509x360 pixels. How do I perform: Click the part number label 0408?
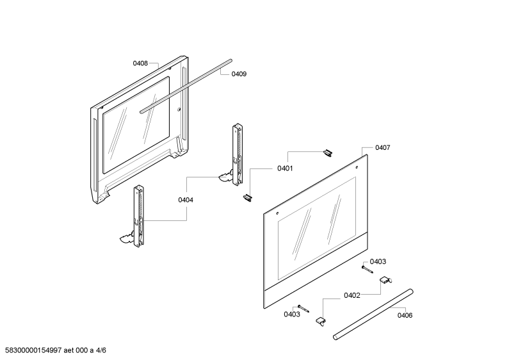coord(140,63)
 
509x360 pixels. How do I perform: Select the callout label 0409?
coord(239,74)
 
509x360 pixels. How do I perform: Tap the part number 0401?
coord(285,168)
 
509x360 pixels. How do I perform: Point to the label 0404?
coord(186,200)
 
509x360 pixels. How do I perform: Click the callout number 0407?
coord(383,147)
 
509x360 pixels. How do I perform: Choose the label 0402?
coord(352,295)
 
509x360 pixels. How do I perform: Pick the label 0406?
coord(405,315)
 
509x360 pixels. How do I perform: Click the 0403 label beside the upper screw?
coord(378,261)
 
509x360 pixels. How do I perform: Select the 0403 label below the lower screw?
coord(292,314)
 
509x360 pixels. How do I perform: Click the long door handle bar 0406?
coord(373,315)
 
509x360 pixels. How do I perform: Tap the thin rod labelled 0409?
coord(186,86)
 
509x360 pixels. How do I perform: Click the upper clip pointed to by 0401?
coord(328,153)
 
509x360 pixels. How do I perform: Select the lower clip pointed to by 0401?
coord(248,197)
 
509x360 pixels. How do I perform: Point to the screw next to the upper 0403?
coord(367,269)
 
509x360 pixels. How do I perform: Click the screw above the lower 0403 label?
coord(303,308)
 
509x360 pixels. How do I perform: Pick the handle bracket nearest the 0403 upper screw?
coord(385,280)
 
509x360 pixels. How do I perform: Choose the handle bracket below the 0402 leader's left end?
coord(321,321)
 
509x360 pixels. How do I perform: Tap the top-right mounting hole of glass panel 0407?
coord(357,168)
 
